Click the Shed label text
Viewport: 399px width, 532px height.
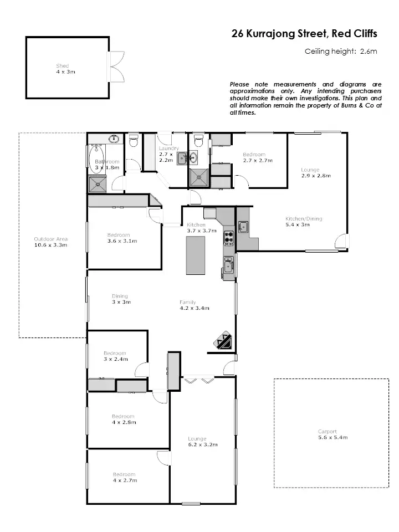(x=62, y=66)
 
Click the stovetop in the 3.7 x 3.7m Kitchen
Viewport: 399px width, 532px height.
(x=228, y=238)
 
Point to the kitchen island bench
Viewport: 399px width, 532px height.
(x=195, y=254)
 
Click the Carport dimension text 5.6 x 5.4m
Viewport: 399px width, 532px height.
(x=327, y=438)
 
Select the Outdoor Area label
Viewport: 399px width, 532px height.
(x=50, y=239)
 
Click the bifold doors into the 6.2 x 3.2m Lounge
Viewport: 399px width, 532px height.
(x=199, y=381)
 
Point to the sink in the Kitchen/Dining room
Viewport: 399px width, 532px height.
(x=243, y=227)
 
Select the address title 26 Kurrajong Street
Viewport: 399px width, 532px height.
(x=304, y=34)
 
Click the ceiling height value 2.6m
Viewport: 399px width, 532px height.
(x=368, y=52)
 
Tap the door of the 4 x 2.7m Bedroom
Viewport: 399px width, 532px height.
(x=162, y=457)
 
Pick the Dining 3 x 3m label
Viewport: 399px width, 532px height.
(x=120, y=299)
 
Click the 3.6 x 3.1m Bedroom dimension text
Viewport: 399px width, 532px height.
(x=122, y=241)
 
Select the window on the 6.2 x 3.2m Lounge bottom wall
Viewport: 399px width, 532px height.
(x=191, y=503)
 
